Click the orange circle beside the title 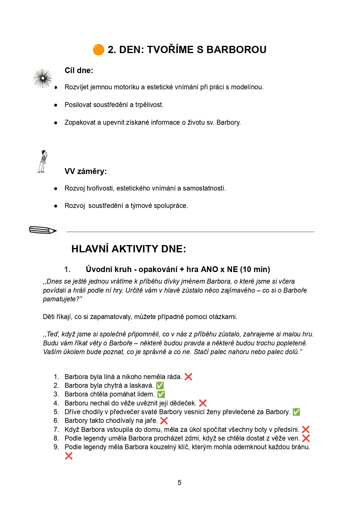pyautogui.click(x=99, y=50)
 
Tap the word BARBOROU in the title pyautogui.click(x=236, y=50)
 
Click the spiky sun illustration pyautogui.click(x=43, y=78)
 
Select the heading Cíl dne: pyautogui.click(x=79, y=70)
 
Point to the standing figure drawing pyautogui.click(x=43, y=162)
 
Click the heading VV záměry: pyautogui.click(x=86, y=171)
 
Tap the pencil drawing pyautogui.click(x=43, y=230)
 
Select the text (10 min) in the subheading pyautogui.click(x=255, y=269)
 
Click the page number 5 pyautogui.click(x=179, y=483)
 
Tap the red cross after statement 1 pyautogui.click(x=188, y=377)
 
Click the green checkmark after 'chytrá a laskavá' pyautogui.click(x=160, y=386)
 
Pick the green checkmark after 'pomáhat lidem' pyautogui.click(x=161, y=394)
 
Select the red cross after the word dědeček pyautogui.click(x=203, y=403)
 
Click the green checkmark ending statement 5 pyautogui.click(x=296, y=412)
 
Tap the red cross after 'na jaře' pyautogui.click(x=164, y=421)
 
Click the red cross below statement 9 pyautogui.click(x=69, y=456)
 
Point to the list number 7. pyautogui.click(x=56, y=430)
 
